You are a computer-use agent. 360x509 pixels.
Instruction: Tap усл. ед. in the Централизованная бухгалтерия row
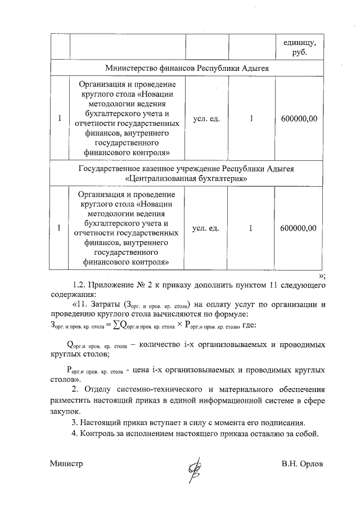coord(206,228)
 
